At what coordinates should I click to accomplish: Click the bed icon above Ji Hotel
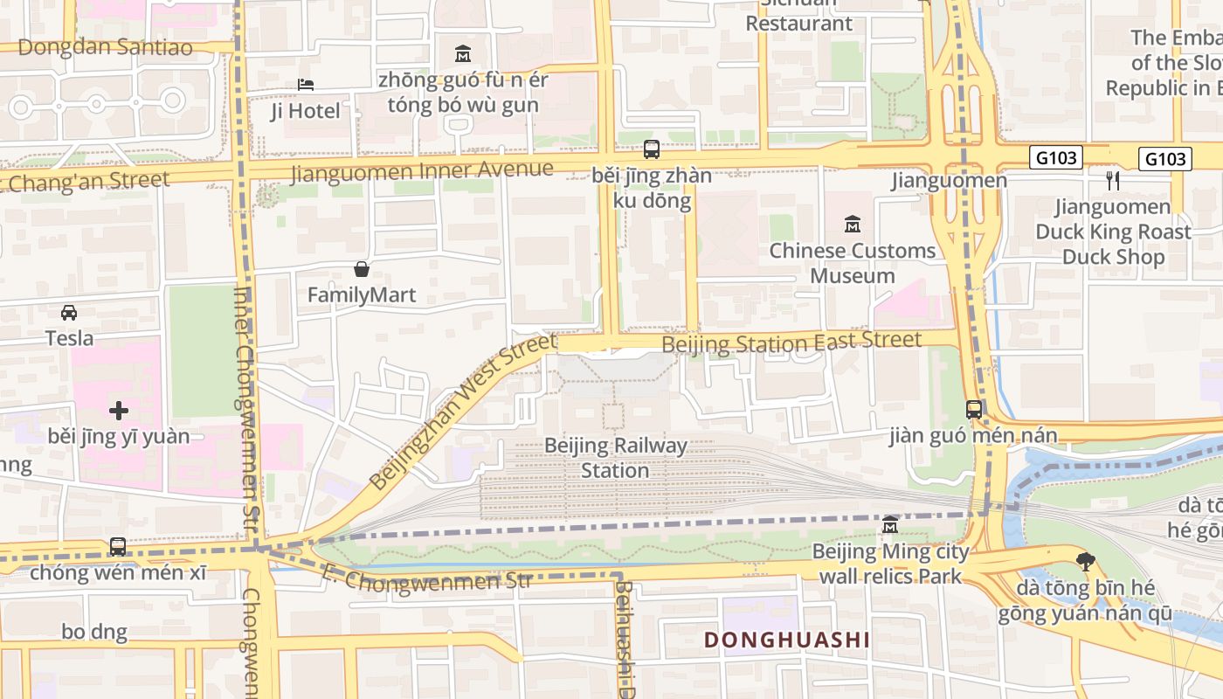click(x=305, y=85)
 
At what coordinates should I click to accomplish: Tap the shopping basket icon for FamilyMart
click(x=362, y=269)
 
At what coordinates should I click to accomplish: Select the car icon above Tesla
click(x=69, y=312)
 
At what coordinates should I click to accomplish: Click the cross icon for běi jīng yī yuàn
click(x=119, y=410)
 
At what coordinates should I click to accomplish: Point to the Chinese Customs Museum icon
click(x=852, y=225)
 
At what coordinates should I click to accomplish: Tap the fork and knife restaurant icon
click(x=1112, y=181)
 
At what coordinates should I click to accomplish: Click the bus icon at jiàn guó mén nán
click(x=973, y=410)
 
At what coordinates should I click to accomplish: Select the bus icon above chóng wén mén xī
click(x=118, y=547)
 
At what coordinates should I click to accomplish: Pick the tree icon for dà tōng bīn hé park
click(x=1086, y=561)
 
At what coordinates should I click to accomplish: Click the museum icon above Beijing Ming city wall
click(x=890, y=525)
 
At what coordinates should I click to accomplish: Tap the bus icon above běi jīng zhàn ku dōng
click(x=652, y=149)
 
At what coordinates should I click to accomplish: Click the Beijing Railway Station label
click(x=616, y=458)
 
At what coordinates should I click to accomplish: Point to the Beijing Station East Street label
click(x=791, y=343)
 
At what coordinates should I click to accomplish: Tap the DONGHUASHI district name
click(x=786, y=640)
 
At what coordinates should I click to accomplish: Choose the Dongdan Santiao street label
click(x=105, y=47)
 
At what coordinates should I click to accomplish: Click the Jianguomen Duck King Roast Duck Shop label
click(x=1113, y=232)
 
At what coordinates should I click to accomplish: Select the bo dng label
click(x=94, y=632)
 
